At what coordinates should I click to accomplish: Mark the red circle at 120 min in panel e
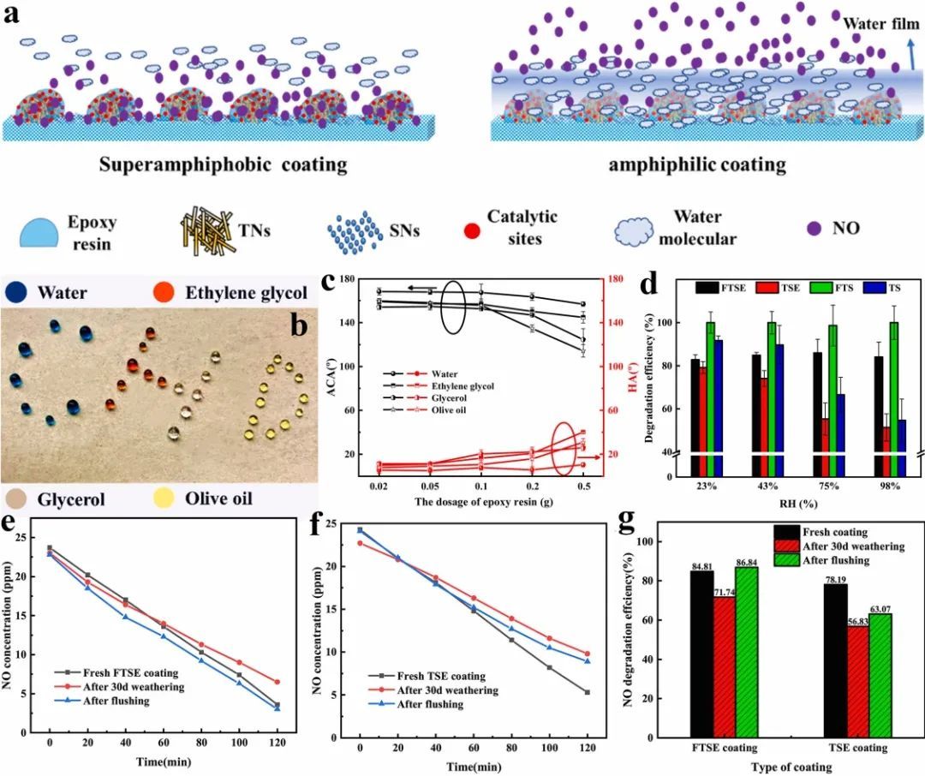277,682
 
